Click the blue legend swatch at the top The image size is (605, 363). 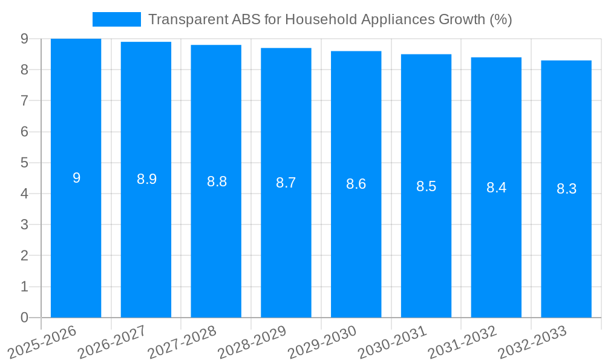(116, 19)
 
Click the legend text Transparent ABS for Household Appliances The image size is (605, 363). (330, 19)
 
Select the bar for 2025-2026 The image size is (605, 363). (76, 242)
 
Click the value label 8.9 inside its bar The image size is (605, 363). (146, 179)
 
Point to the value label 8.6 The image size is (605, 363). (356, 184)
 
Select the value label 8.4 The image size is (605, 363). (496, 188)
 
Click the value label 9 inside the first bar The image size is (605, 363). (76, 178)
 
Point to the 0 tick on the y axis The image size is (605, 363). (24, 318)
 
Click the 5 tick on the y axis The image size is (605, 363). (24, 163)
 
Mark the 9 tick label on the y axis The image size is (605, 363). (24, 39)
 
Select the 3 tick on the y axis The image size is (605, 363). (24, 225)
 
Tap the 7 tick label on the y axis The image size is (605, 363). (24, 100)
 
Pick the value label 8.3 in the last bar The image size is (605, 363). (566, 189)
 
